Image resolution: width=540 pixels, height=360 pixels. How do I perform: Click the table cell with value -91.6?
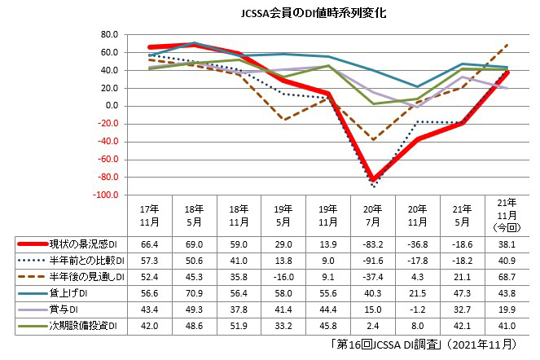click(373, 261)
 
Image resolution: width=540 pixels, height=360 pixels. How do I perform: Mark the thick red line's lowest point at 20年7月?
click(373, 179)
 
